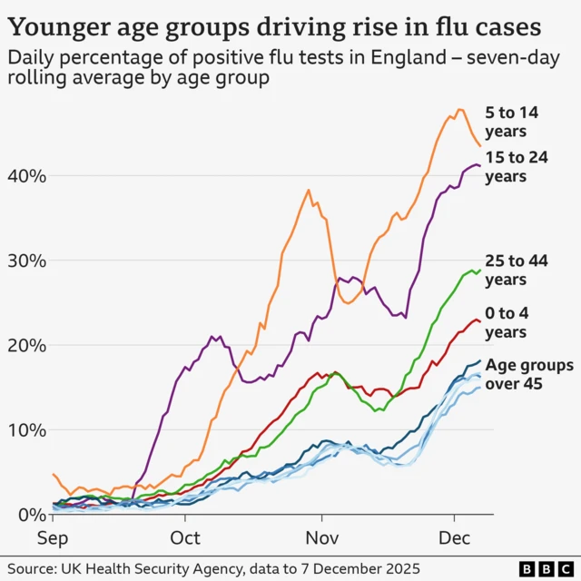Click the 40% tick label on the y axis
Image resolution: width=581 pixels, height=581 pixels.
pyautogui.click(x=25, y=175)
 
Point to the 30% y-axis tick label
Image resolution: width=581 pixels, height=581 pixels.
pyautogui.click(x=25, y=261)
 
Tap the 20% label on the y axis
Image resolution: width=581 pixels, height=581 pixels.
pyautogui.click(x=25, y=345)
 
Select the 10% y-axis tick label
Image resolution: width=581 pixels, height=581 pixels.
pyautogui.click(x=25, y=429)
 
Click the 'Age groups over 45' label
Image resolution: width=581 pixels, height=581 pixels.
pyautogui.click(x=528, y=374)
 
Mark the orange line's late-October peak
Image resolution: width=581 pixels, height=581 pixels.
pyautogui.click(x=309, y=191)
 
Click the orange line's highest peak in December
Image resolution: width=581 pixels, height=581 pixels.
pyautogui.click(x=460, y=110)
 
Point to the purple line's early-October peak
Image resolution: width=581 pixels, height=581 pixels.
pyautogui.click(x=213, y=336)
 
